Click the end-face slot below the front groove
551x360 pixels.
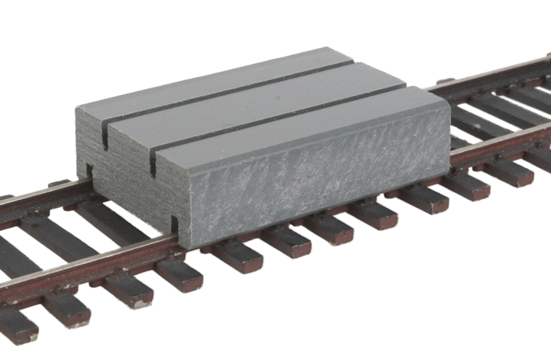coord(152,161)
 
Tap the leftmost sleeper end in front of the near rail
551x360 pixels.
coord(16,327)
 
